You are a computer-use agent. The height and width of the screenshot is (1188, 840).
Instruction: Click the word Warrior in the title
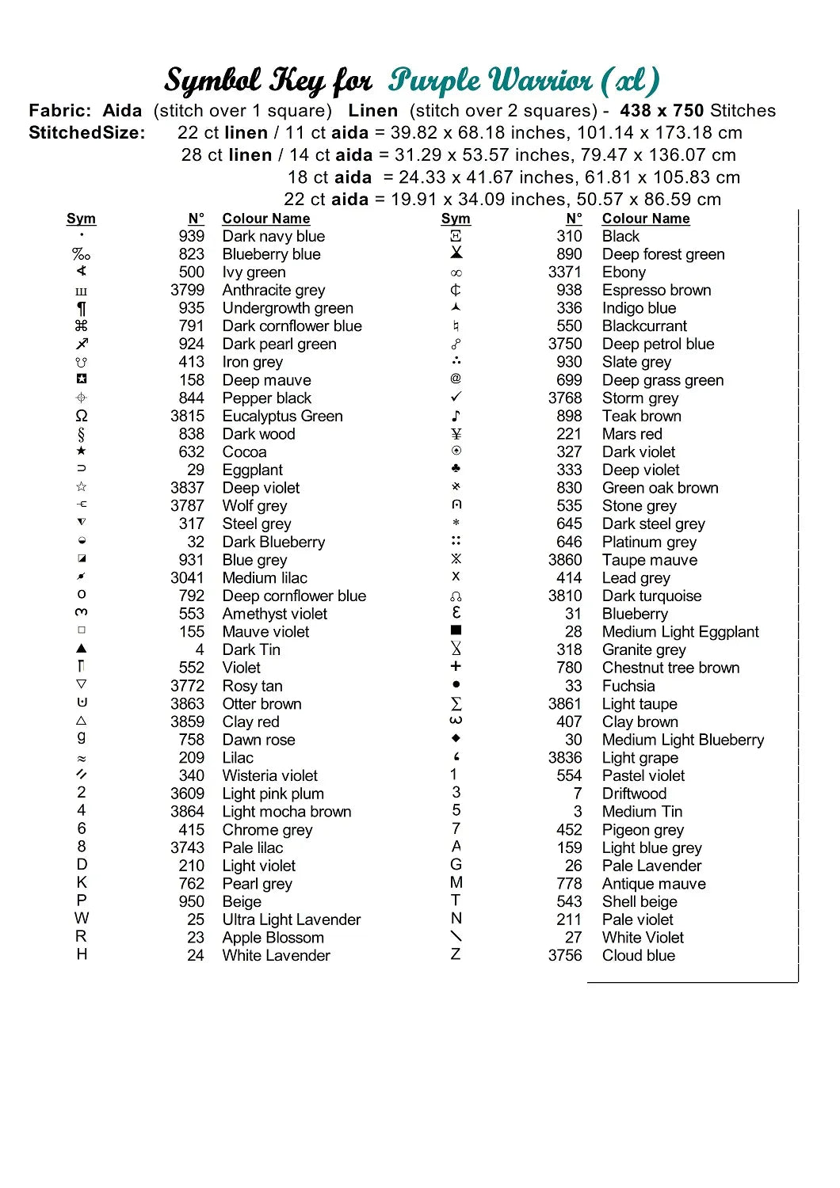click(x=540, y=81)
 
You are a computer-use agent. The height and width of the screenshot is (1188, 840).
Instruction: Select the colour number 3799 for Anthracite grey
click(x=187, y=291)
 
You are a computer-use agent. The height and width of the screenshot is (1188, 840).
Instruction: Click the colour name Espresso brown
click(x=656, y=291)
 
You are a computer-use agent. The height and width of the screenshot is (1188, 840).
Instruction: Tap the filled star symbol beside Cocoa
click(x=82, y=451)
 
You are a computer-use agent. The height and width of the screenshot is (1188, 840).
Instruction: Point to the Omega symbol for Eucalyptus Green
click(x=82, y=416)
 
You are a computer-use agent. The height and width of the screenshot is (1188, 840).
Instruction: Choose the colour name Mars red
click(x=632, y=434)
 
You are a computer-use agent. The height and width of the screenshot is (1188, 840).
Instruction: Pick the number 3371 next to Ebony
click(x=565, y=272)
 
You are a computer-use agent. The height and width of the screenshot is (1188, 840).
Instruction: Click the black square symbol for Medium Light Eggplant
click(x=456, y=631)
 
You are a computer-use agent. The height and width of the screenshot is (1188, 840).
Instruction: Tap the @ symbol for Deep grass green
click(x=456, y=379)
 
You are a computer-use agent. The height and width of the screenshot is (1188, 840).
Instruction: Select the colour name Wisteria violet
click(x=269, y=776)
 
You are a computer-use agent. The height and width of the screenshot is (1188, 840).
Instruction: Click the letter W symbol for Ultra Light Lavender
click(x=82, y=919)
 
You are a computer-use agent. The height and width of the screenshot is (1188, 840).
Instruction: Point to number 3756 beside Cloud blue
click(x=565, y=956)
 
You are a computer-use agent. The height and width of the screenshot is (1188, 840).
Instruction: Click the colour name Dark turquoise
click(x=651, y=596)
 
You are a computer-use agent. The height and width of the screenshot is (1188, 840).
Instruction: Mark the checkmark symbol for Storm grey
click(x=456, y=397)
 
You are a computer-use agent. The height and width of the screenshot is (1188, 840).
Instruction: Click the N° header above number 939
click(x=196, y=219)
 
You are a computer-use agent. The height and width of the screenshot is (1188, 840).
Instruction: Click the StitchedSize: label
click(x=87, y=133)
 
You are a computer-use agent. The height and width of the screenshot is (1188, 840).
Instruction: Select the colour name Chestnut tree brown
click(x=670, y=668)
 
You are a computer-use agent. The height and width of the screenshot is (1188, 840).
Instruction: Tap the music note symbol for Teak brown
click(x=456, y=416)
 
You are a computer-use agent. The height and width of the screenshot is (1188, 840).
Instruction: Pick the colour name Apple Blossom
click(x=273, y=938)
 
